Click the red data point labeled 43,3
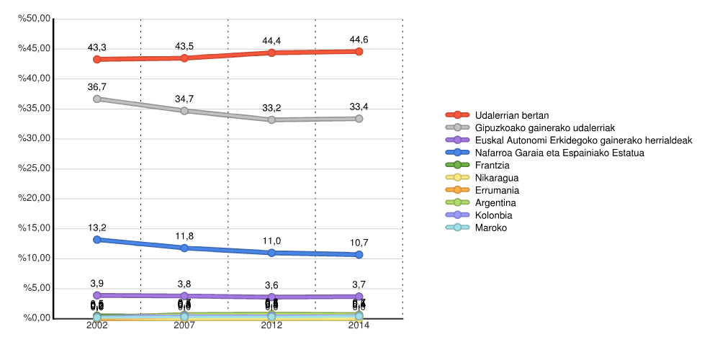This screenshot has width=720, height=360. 97,59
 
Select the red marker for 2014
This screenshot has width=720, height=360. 359,52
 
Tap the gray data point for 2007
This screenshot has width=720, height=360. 184,111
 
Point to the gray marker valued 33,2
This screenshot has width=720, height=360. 271,120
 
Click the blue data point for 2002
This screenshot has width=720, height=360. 97,239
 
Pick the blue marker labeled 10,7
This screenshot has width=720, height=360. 359,254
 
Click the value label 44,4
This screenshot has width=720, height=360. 271,40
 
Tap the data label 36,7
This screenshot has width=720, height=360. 97,86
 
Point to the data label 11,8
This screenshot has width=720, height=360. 184,235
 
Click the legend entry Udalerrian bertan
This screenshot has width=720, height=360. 512,115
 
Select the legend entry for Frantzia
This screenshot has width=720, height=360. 492,165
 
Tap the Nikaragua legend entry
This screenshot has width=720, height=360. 497,178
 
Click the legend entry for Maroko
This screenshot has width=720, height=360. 490,228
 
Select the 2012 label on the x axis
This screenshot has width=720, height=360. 271,326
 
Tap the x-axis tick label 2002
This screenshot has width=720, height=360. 97,326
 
